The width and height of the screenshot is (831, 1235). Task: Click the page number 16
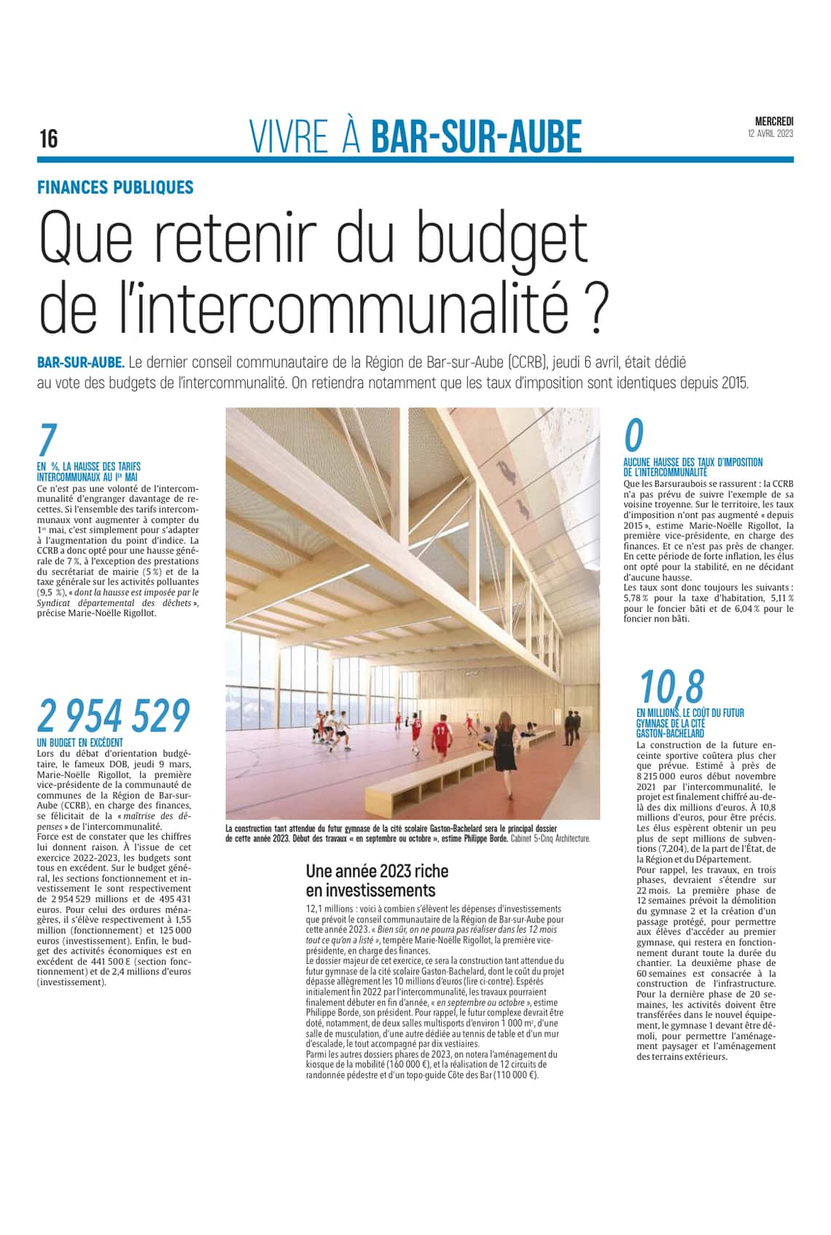tap(49, 138)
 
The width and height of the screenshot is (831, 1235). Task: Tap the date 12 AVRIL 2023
tap(770, 134)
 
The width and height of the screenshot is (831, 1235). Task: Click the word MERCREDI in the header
tap(773, 122)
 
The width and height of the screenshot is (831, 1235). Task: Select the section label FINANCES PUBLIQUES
tap(116, 187)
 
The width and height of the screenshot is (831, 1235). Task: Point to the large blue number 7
tap(47, 442)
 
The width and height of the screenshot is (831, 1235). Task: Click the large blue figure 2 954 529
tap(114, 716)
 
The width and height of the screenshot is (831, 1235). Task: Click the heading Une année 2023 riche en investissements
tap(377, 881)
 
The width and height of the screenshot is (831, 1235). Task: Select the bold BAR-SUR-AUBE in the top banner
tap(477, 137)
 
